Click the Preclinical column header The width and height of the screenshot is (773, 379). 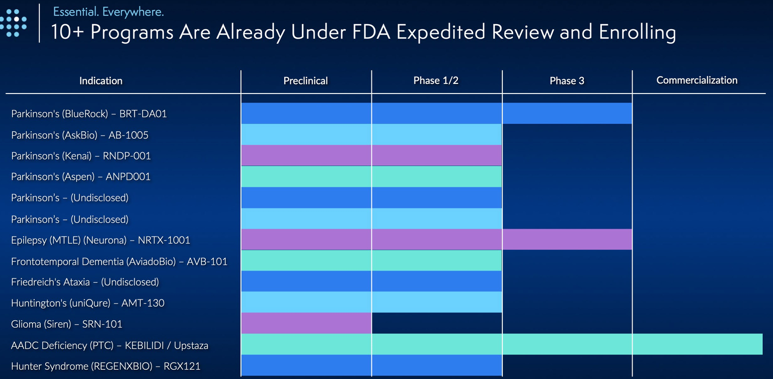tap(305, 81)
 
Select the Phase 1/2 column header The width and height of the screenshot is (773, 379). tap(436, 81)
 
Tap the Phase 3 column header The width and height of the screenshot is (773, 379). tap(567, 81)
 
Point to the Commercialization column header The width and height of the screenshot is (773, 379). tap(697, 80)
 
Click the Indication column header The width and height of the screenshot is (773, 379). tap(101, 81)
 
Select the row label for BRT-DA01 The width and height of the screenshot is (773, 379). tap(89, 114)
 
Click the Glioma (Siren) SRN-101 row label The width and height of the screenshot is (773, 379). tap(67, 324)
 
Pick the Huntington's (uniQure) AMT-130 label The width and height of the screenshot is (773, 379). tap(88, 303)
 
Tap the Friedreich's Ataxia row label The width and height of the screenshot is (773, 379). tap(85, 282)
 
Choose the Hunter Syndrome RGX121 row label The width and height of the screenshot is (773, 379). tap(106, 366)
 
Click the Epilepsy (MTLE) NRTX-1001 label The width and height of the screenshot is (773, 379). tap(101, 240)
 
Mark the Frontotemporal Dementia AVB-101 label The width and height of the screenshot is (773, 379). tap(119, 261)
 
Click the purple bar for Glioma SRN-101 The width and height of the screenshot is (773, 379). tap(306, 323)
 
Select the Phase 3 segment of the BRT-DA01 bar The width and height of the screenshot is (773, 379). tap(567, 113)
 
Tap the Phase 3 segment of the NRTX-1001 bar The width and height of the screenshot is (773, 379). tap(567, 239)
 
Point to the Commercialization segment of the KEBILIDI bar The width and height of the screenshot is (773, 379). tap(697, 344)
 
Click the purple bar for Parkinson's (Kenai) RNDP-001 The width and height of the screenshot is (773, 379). tap(371, 155)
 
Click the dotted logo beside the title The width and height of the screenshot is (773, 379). tap(14, 23)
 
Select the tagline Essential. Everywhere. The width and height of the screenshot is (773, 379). tap(108, 12)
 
